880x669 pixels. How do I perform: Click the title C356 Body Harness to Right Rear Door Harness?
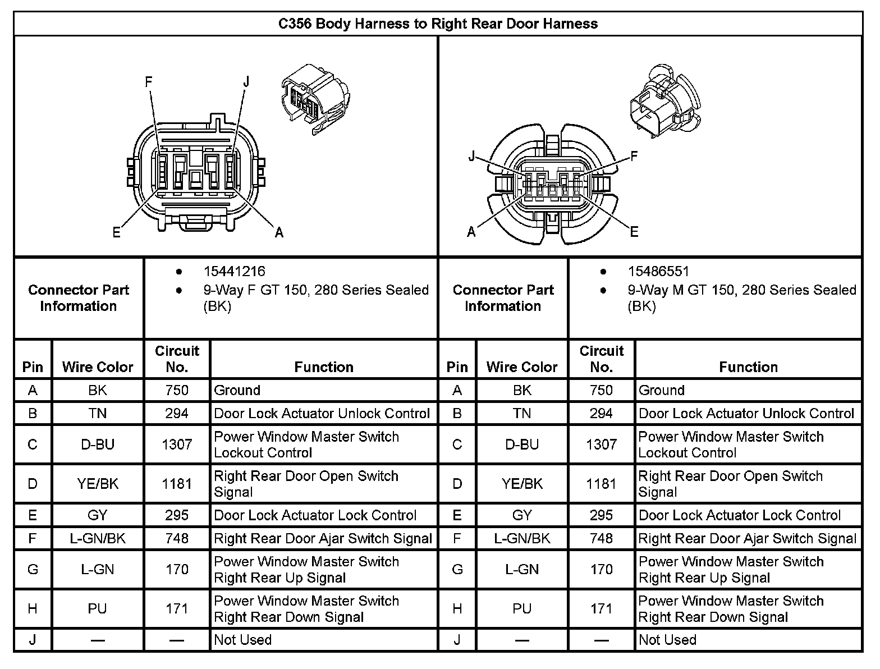tap(438, 24)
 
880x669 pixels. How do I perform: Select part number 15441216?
tap(234, 272)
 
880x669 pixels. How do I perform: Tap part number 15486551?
tap(658, 272)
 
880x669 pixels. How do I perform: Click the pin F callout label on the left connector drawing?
tap(149, 83)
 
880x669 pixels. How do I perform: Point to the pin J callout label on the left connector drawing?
tap(246, 83)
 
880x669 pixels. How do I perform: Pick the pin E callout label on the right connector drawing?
tap(634, 232)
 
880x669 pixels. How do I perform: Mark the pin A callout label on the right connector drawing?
tap(471, 232)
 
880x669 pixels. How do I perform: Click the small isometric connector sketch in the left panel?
tap(314, 98)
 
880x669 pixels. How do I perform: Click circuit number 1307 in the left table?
tap(177, 445)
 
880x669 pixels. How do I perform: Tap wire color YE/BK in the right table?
tap(522, 484)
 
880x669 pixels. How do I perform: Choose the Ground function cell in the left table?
tap(237, 390)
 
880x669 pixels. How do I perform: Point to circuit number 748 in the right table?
tap(601, 539)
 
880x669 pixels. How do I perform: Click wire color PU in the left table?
tap(98, 609)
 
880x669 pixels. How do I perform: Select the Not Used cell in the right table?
tap(667, 640)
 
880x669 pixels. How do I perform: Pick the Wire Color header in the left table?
tap(98, 367)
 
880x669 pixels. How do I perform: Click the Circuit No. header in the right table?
tap(601, 359)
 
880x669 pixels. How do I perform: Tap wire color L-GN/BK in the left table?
tap(98, 539)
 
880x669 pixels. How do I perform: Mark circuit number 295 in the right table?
tap(601, 515)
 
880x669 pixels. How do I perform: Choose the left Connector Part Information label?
tap(79, 298)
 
